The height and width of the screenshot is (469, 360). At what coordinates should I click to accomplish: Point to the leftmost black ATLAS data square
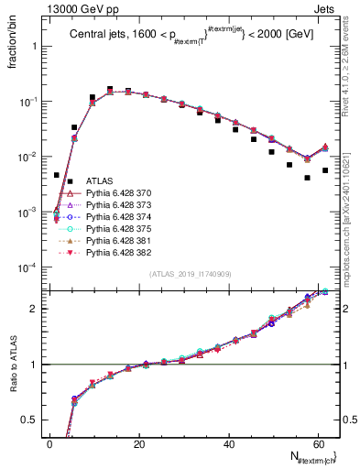(x=57, y=175)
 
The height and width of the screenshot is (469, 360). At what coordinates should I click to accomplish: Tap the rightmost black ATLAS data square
(x=325, y=170)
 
